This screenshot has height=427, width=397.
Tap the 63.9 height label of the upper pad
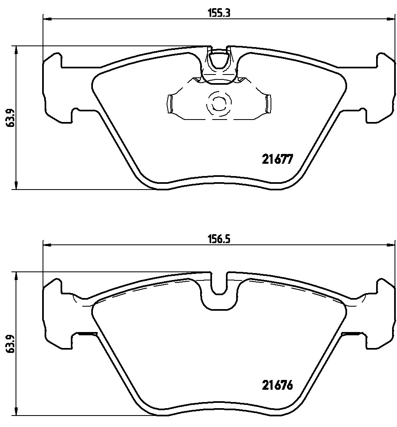(9, 118)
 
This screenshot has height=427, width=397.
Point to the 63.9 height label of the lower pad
(9, 343)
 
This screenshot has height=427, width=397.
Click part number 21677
(277, 159)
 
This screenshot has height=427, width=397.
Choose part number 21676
(277, 385)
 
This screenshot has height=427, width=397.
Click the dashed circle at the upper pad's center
(217, 103)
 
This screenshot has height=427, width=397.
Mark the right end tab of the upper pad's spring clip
(268, 103)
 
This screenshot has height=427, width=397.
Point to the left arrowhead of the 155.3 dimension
(46, 18)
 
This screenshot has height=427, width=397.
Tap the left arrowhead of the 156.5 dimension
(46, 245)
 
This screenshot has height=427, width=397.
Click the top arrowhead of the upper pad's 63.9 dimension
(16, 50)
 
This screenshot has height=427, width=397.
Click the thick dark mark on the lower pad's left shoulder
(86, 334)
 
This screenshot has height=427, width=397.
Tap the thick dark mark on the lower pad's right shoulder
(350, 334)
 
